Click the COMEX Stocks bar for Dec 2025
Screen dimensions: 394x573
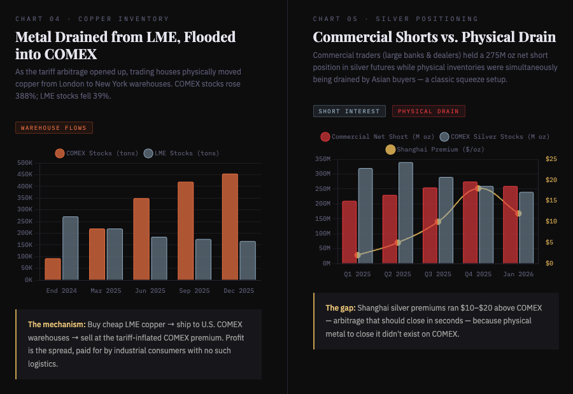(230, 227)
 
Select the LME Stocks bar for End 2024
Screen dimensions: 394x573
(71, 248)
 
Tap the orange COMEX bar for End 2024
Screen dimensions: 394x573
(53, 269)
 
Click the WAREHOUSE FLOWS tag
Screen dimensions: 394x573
(54, 128)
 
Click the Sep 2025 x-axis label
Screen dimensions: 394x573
(194, 291)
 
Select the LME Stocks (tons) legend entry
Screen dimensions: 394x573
(181, 153)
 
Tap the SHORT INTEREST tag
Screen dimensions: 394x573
(349, 111)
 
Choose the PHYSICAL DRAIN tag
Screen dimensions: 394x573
(428, 111)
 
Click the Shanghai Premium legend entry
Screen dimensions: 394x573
(434, 150)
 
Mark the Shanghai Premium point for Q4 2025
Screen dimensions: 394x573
(478, 188)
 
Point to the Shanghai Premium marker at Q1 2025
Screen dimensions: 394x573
(357, 255)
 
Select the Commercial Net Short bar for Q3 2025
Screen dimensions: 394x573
(430, 225)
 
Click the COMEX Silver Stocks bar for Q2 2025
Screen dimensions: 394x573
(406, 213)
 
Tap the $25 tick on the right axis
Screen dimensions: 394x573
(551, 159)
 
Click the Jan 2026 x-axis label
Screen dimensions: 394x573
(518, 274)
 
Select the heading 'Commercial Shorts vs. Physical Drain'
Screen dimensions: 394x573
(434, 37)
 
